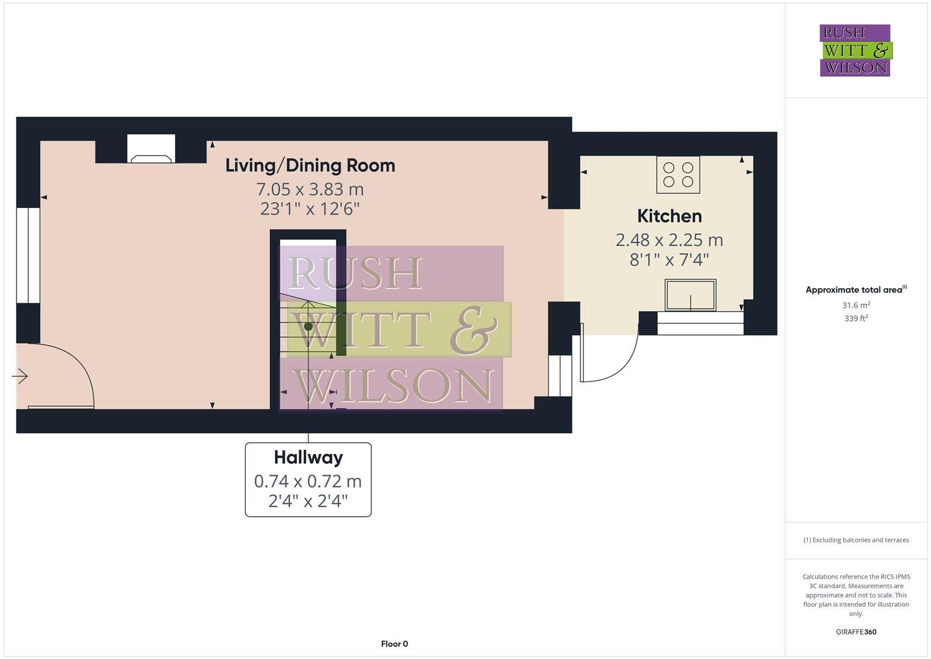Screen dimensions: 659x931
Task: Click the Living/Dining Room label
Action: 310,165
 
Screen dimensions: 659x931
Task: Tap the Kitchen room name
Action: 669,216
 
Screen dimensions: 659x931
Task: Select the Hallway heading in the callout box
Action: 308,457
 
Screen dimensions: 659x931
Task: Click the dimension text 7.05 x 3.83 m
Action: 310,189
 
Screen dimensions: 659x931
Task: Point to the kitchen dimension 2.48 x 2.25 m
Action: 669,240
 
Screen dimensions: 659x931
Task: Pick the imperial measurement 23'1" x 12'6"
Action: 310,209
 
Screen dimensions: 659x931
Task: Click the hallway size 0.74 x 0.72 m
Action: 308,481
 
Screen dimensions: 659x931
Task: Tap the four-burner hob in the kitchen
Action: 678,175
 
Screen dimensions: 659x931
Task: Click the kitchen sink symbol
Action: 690,295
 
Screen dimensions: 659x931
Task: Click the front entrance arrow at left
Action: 20,376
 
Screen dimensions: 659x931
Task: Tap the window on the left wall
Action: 28,255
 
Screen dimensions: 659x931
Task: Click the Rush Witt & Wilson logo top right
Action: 855,50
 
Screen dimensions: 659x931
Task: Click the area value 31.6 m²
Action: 855,305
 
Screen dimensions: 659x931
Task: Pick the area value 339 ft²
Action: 855,319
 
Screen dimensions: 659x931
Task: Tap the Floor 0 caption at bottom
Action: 394,644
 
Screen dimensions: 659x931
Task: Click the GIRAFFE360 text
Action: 855,632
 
